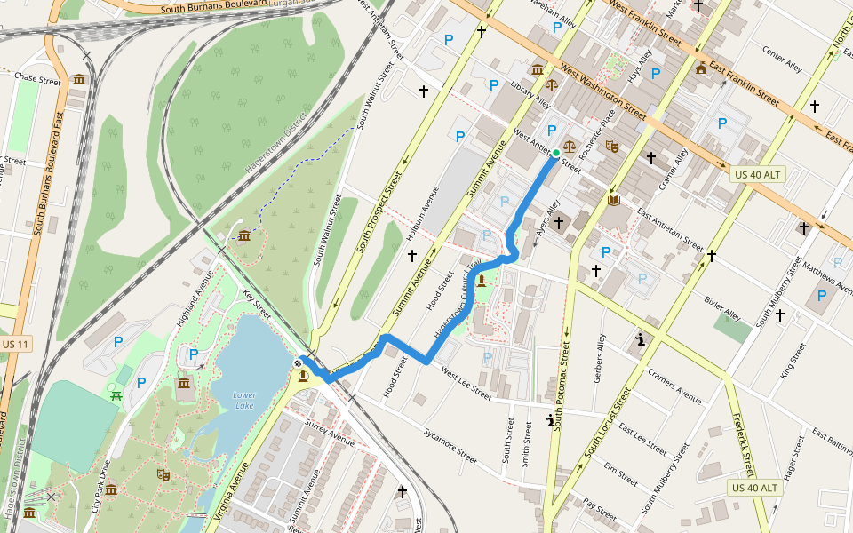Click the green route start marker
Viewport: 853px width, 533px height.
(556, 154)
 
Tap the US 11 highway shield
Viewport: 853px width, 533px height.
(14, 344)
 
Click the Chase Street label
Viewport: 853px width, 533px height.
(36, 80)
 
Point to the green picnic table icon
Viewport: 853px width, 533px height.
(116, 394)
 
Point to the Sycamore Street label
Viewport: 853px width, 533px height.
(451, 445)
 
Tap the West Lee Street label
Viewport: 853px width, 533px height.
(466, 385)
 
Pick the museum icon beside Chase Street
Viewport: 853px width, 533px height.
(79, 80)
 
